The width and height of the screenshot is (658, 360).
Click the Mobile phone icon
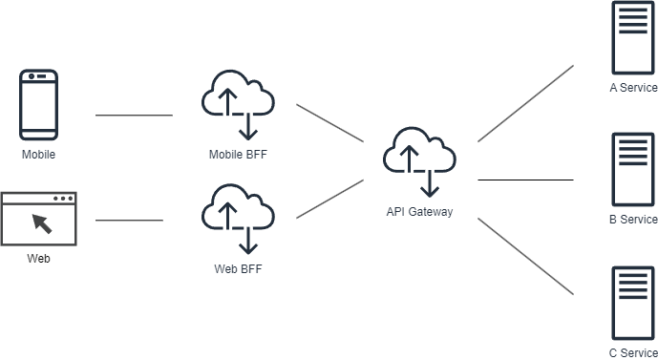click(38, 105)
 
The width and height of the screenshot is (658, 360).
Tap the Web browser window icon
click(38, 219)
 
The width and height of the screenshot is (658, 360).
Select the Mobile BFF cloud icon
click(238, 105)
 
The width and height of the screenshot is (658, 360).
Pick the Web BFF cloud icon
click(238, 219)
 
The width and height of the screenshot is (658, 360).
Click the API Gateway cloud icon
click(419, 162)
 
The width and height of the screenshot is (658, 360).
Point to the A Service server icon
click(633, 38)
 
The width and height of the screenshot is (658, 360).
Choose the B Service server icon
click(633, 170)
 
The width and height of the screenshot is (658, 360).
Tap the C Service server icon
click(633, 303)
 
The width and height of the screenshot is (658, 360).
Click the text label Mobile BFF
click(238, 155)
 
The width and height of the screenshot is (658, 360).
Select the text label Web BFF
click(238, 268)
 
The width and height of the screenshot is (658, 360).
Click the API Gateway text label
click(419, 211)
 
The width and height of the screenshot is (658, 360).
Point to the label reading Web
click(38, 259)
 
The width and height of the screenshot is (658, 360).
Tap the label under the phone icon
click(38, 155)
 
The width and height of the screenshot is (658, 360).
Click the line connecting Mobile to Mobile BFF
click(134, 115)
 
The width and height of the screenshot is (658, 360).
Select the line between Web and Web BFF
click(129, 220)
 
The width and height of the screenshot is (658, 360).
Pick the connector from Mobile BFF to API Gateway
click(329, 123)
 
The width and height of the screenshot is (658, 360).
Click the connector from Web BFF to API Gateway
click(329, 199)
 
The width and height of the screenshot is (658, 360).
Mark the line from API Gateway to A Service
click(525, 104)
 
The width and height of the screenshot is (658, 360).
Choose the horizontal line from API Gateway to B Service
click(525, 180)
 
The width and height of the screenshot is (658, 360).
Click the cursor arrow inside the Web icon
click(42, 223)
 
